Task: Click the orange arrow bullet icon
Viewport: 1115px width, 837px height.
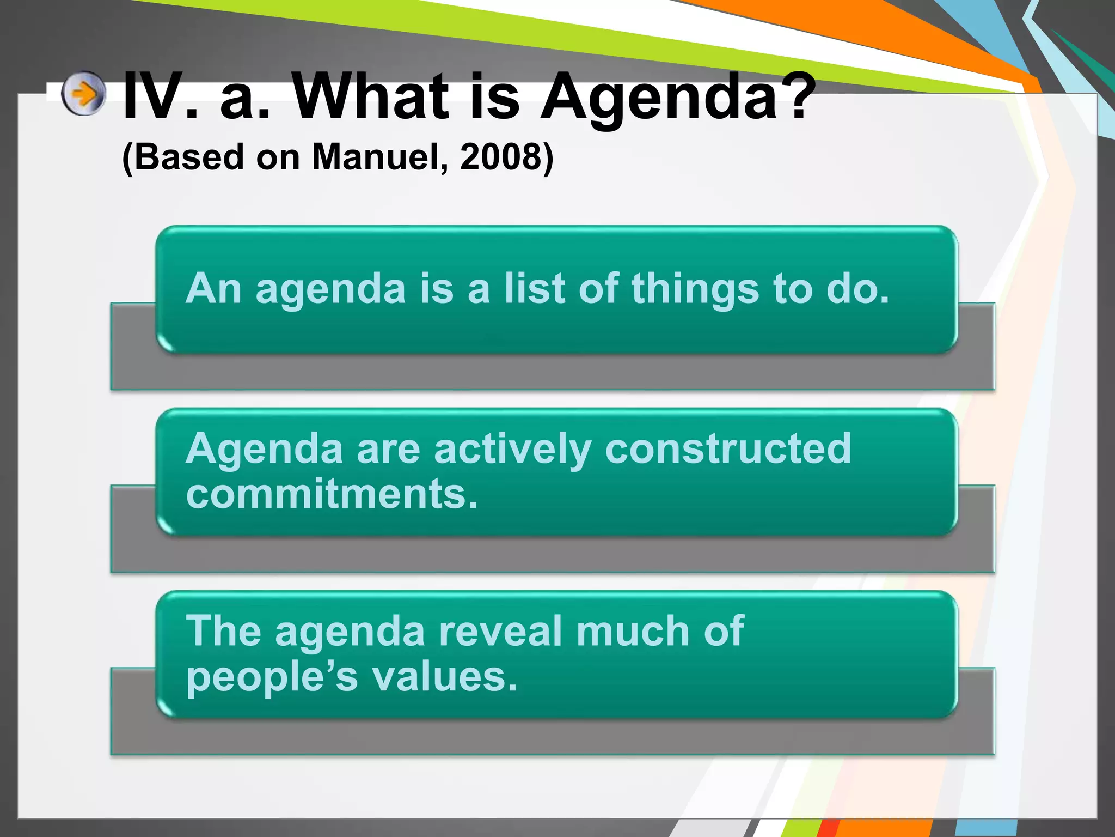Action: (x=83, y=94)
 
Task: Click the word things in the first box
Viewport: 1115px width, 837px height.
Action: (x=695, y=289)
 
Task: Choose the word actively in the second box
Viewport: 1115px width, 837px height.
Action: (x=512, y=450)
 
